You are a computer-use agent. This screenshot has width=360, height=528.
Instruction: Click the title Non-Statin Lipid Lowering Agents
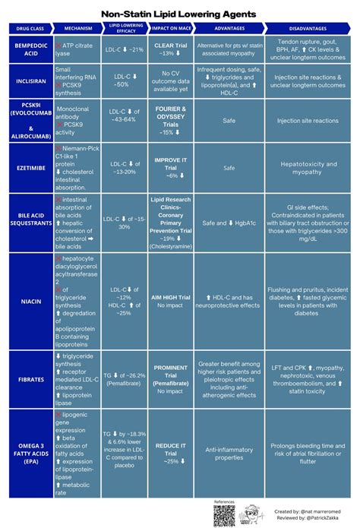click(x=180, y=14)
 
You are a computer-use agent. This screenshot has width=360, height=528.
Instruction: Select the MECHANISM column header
click(x=77, y=28)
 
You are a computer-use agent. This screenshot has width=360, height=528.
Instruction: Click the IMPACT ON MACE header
click(x=170, y=28)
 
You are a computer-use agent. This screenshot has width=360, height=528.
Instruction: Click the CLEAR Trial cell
click(x=170, y=49)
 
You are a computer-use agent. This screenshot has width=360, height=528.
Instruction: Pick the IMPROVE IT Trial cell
click(x=170, y=167)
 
